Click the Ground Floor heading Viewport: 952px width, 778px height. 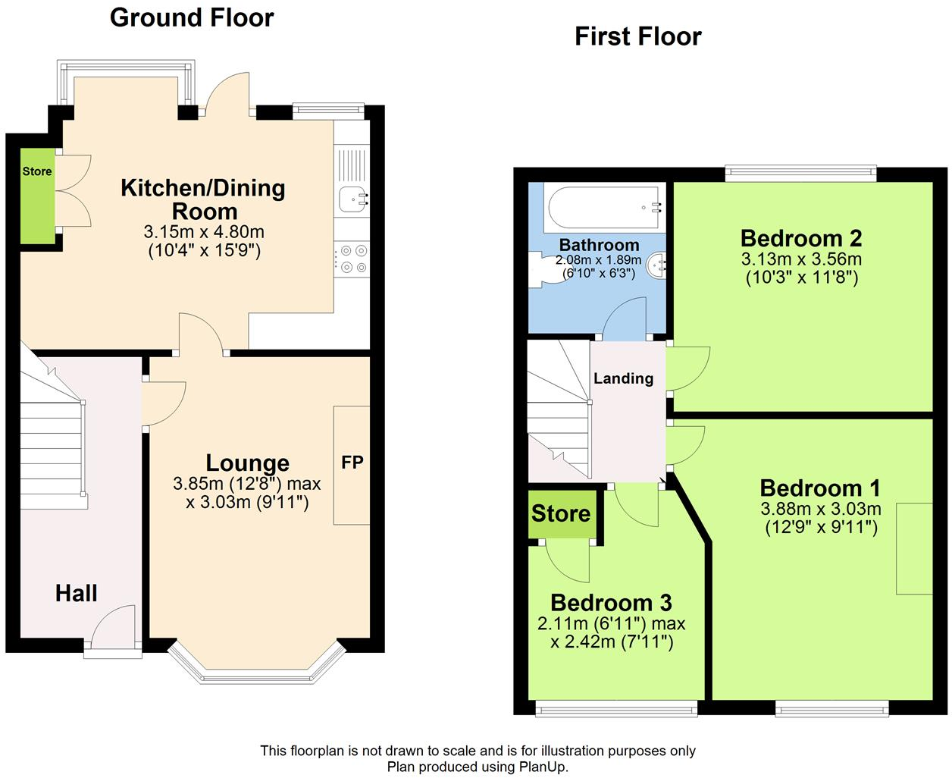click(x=192, y=18)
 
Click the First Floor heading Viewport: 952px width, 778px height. click(x=638, y=36)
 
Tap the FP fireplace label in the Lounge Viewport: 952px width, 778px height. click(x=352, y=462)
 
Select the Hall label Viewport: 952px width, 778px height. click(x=77, y=593)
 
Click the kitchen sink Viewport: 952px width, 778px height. click(x=354, y=199)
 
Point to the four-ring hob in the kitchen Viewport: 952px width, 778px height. click(x=352, y=259)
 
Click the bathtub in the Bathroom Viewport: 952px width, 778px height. click(x=605, y=208)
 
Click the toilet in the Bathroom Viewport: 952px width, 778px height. click(x=547, y=269)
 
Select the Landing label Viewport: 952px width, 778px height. click(x=623, y=378)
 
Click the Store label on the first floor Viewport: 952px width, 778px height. click(x=561, y=513)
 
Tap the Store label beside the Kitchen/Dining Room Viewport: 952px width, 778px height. click(x=37, y=171)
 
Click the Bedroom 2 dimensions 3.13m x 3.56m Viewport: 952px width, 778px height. click(x=801, y=259)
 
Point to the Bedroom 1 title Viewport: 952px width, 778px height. click(x=820, y=488)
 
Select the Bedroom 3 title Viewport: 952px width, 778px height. click(x=611, y=603)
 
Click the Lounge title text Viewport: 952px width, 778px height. click(x=247, y=463)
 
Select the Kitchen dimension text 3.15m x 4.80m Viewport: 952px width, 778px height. click(x=204, y=231)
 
